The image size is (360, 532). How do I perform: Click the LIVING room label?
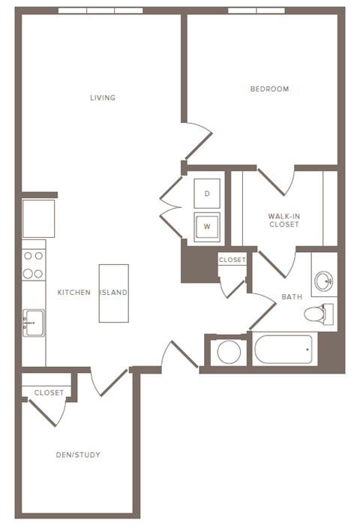click(103, 98)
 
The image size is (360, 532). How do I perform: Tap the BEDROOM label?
click(269, 89)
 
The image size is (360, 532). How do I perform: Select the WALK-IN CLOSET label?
click(283, 220)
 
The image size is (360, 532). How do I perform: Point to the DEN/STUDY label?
click(78, 455)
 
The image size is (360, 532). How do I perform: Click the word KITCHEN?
click(74, 293)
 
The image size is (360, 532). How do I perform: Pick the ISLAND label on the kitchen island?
click(113, 293)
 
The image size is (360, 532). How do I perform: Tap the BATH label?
click(292, 297)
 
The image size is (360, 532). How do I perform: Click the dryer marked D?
click(207, 194)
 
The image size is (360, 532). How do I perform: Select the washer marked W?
click(207, 225)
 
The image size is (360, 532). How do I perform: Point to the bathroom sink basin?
click(324, 281)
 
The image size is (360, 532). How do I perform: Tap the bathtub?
click(283, 350)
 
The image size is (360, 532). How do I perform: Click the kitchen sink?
click(33, 323)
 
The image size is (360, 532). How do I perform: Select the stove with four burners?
click(33, 265)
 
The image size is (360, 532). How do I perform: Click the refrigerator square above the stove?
click(38, 218)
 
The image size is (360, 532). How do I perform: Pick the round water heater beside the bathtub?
click(228, 351)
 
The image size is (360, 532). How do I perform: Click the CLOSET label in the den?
click(49, 392)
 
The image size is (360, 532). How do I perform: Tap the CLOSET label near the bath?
click(232, 260)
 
